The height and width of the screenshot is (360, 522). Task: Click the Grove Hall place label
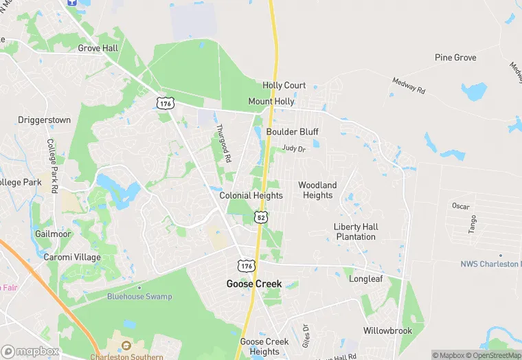pyautogui.click(x=98, y=48)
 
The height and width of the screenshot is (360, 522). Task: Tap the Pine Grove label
pyautogui.click(x=455, y=58)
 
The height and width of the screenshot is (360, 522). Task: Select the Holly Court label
pyautogui.click(x=284, y=85)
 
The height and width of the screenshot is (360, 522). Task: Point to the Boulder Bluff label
pyautogui.click(x=293, y=132)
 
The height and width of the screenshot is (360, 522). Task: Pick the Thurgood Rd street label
pyautogui.click(x=223, y=143)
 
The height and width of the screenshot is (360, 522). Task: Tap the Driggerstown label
pyautogui.click(x=44, y=120)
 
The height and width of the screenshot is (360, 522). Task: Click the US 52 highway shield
pyautogui.click(x=261, y=217)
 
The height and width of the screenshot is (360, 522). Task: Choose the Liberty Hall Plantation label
pyautogui.click(x=356, y=232)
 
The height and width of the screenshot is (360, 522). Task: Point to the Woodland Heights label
pyautogui.click(x=317, y=190)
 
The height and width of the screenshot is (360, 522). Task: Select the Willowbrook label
pyautogui.click(x=388, y=330)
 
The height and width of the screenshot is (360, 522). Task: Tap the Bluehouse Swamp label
pyautogui.click(x=139, y=296)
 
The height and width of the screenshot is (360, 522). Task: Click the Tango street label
pyautogui.click(x=473, y=224)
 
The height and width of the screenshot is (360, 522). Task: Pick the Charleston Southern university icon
pyautogui.click(x=126, y=345)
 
